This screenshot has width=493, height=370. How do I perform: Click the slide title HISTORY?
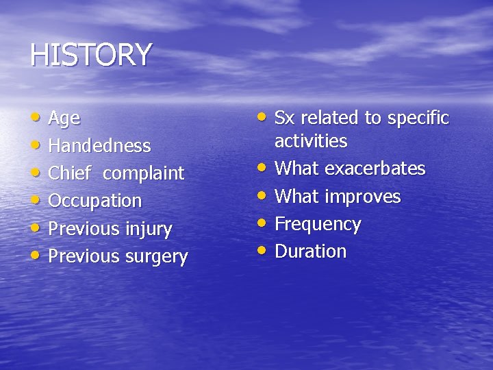(90, 56)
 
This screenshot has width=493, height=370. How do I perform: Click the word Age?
(64, 119)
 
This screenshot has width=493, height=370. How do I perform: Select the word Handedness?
(99, 146)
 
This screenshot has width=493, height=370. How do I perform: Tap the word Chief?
(69, 173)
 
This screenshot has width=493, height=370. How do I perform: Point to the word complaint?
(143, 174)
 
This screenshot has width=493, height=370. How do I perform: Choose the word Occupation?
(94, 201)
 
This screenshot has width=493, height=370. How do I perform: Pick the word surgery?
(155, 257)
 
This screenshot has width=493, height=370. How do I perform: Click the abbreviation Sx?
(284, 118)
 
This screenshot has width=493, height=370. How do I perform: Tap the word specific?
(418, 119)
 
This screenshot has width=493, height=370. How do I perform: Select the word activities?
(310, 141)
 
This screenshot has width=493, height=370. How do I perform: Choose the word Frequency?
(317, 225)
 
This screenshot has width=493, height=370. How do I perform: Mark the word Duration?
(310, 251)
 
